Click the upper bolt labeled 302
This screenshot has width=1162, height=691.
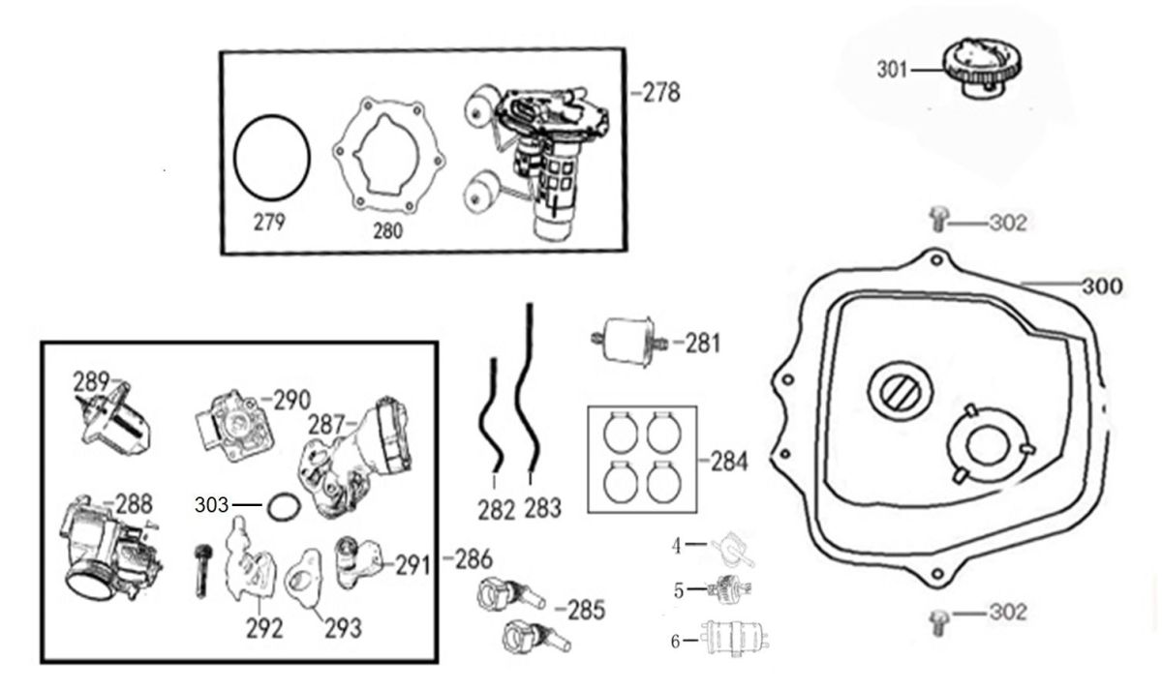coord(937,220)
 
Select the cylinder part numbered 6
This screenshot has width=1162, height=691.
coord(735,640)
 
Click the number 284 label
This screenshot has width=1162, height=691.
coord(728,462)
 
